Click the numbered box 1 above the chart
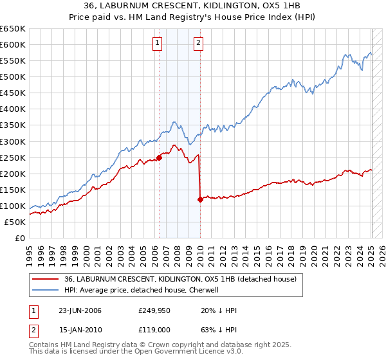[158, 43]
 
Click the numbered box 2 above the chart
[198, 43]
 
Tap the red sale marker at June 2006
[159, 157]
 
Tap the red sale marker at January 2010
[200, 199]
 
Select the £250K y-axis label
[13, 157]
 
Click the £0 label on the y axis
[19, 238]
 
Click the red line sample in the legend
[45, 279]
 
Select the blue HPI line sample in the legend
[45, 290]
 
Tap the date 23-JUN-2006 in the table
[80, 310]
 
